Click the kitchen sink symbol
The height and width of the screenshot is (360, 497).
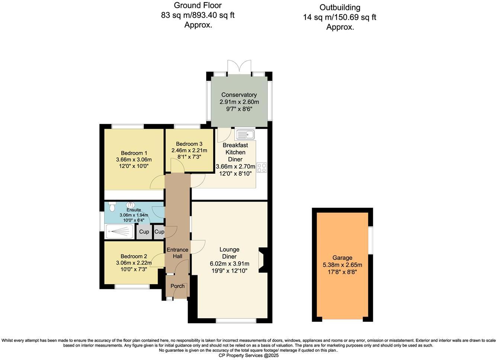click(x=244, y=134)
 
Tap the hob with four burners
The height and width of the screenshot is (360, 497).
click(x=262, y=167)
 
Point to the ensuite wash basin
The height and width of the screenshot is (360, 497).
click(x=131, y=205)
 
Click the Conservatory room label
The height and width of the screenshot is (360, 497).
click(x=239, y=95)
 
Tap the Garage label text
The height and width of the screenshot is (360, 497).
click(x=342, y=258)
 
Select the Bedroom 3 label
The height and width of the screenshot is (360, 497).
click(x=189, y=144)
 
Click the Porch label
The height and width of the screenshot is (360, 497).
click(x=177, y=286)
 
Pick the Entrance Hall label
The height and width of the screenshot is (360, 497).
click(x=177, y=253)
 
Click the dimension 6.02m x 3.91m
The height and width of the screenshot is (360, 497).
click(x=229, y=264)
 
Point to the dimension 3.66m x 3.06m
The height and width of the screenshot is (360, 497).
click(x=134, y=160)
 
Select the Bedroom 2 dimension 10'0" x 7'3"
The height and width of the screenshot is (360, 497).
click(x=134, y=269)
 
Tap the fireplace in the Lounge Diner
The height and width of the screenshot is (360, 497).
click(x=263, y=261)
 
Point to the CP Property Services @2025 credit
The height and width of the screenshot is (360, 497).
click(x=248, y=355)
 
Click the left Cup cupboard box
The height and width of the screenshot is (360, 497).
click(x=144, y=232)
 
